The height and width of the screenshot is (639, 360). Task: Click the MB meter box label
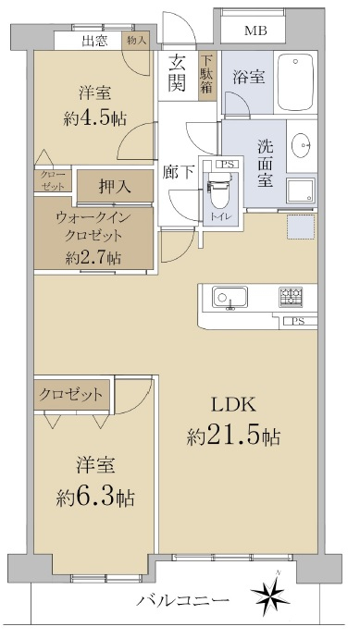[x=255, y=31]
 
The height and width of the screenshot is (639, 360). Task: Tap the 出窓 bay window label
[x=94, y=42]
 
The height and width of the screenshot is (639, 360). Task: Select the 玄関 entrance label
[x=178, y=73]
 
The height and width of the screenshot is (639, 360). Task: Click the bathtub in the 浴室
[x=295, y=81]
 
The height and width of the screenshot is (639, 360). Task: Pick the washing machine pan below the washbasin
[x=300, y=190]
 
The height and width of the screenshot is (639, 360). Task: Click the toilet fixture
[x=218, y=190]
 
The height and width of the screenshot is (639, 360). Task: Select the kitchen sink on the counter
[x=230, y=297]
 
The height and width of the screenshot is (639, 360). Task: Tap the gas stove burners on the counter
[x=291, y=297]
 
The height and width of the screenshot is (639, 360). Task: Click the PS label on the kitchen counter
[x=298, y=322]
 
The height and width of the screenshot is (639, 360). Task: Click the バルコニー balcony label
[x=182, y=600]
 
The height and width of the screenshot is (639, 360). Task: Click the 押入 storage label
[x=115, y=186]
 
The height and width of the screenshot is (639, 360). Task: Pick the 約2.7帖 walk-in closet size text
[x=93, y=258]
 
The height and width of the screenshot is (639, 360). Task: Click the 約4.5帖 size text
[x=94, y=118]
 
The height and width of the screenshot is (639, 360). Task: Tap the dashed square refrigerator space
[x=302, y=227]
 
